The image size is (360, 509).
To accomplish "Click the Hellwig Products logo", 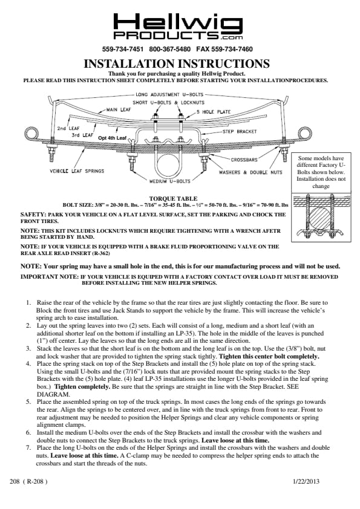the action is [178, 26].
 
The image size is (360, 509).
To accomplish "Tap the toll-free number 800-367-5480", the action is [170, 50].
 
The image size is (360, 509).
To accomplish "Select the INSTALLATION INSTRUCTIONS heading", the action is [177, 63].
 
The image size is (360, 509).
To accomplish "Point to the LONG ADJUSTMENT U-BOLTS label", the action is [169, 94].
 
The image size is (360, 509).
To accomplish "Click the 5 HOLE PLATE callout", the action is [213, 112].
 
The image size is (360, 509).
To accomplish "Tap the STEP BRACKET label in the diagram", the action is [240, 131].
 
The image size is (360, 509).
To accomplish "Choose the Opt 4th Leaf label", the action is [113, 138].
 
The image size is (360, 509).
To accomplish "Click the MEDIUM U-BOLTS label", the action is [169, 181].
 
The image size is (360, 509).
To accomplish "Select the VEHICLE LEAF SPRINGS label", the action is [77, 170].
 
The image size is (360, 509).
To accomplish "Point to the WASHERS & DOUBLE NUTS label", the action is [250, 172].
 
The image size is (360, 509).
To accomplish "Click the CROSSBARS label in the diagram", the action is [244, 160].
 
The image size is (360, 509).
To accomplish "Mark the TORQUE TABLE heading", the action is [173, 198].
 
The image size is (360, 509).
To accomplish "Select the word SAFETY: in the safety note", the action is [33, 215].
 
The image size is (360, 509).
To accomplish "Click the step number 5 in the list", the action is [28, 402].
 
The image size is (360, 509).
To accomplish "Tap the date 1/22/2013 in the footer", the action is [306, 481].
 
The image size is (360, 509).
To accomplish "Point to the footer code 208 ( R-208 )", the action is [28, 481].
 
